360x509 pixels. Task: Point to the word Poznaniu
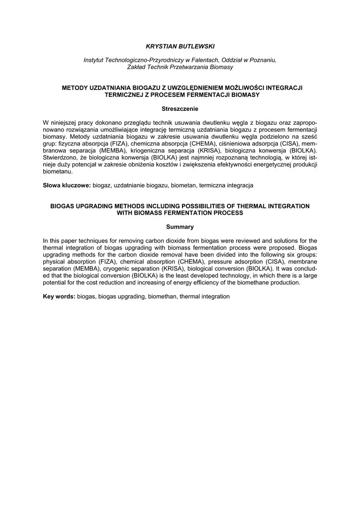click(260, 60)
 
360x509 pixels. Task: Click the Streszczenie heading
click(180, 108)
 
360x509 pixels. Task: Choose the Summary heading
click(180, 227)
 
